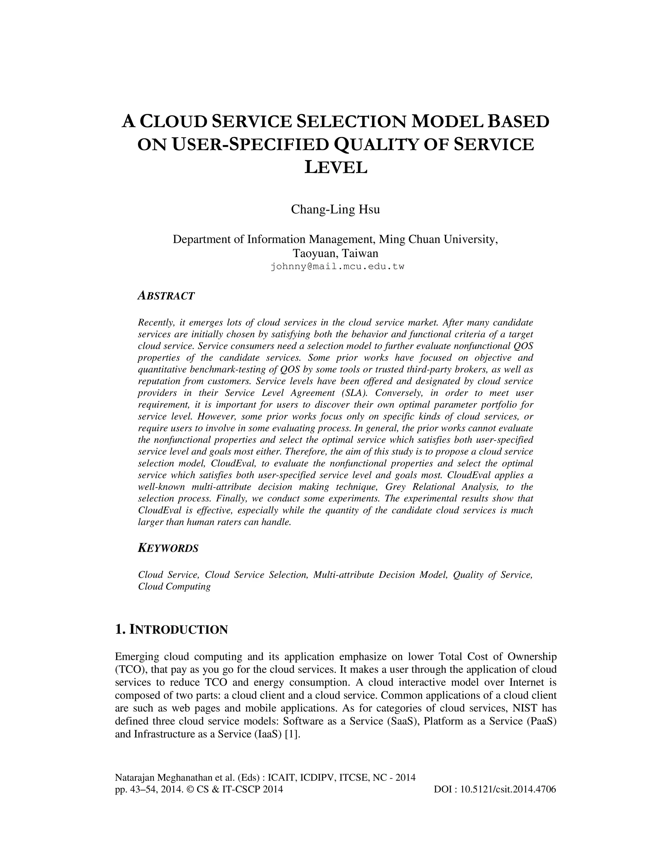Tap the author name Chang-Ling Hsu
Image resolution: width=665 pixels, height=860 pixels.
(335, 210)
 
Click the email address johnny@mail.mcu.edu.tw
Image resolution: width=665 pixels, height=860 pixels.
(337, 266)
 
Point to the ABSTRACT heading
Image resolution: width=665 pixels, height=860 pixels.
(166, 296)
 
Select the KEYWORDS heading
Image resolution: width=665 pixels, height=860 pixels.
(168, 548)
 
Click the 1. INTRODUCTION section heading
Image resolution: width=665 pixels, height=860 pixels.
(171, 630)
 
